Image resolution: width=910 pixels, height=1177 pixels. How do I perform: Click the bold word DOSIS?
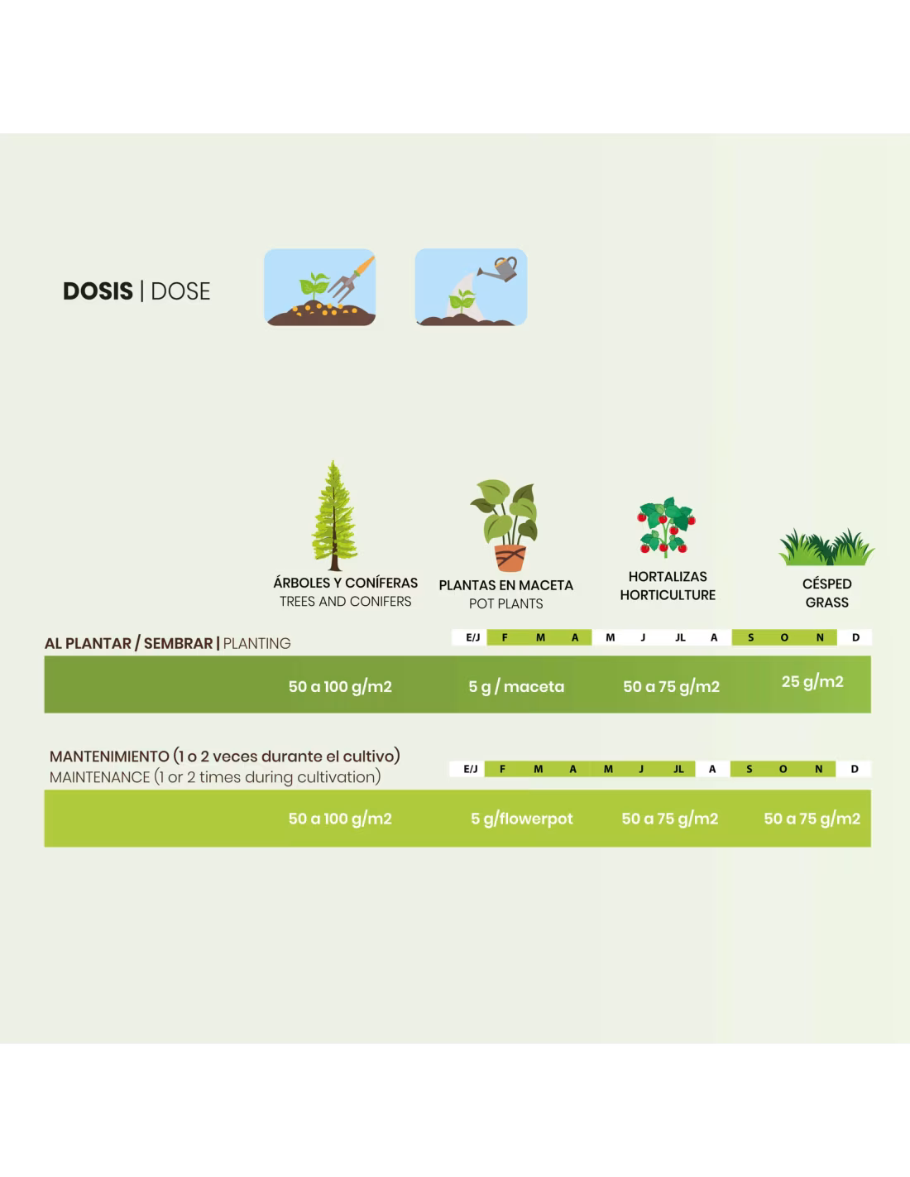98,291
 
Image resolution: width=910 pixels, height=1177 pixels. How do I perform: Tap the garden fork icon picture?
320,287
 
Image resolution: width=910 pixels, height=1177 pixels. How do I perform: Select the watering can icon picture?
471,287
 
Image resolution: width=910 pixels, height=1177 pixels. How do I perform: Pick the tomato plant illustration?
666,527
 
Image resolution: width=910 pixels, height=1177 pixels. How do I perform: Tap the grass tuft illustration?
826,547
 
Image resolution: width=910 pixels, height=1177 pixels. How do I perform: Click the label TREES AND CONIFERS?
345,602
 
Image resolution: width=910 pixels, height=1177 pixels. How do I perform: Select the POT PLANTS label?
505,604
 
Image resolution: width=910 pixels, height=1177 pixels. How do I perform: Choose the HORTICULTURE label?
668,595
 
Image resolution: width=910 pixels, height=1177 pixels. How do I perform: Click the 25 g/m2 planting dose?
812,682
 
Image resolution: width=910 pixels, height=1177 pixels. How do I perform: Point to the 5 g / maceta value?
516,687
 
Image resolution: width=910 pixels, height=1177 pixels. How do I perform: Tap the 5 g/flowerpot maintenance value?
521,819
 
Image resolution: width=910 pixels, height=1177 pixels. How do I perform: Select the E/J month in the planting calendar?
472,638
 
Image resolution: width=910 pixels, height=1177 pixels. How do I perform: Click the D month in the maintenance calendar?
855,770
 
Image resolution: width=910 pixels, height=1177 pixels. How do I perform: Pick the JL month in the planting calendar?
680,638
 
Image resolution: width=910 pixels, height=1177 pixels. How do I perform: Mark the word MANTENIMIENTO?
109,757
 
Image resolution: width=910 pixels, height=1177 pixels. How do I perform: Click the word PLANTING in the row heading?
256,644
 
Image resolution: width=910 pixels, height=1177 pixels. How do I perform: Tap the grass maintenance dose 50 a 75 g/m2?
812,819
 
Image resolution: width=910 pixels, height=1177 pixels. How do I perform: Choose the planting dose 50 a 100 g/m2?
340,687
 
